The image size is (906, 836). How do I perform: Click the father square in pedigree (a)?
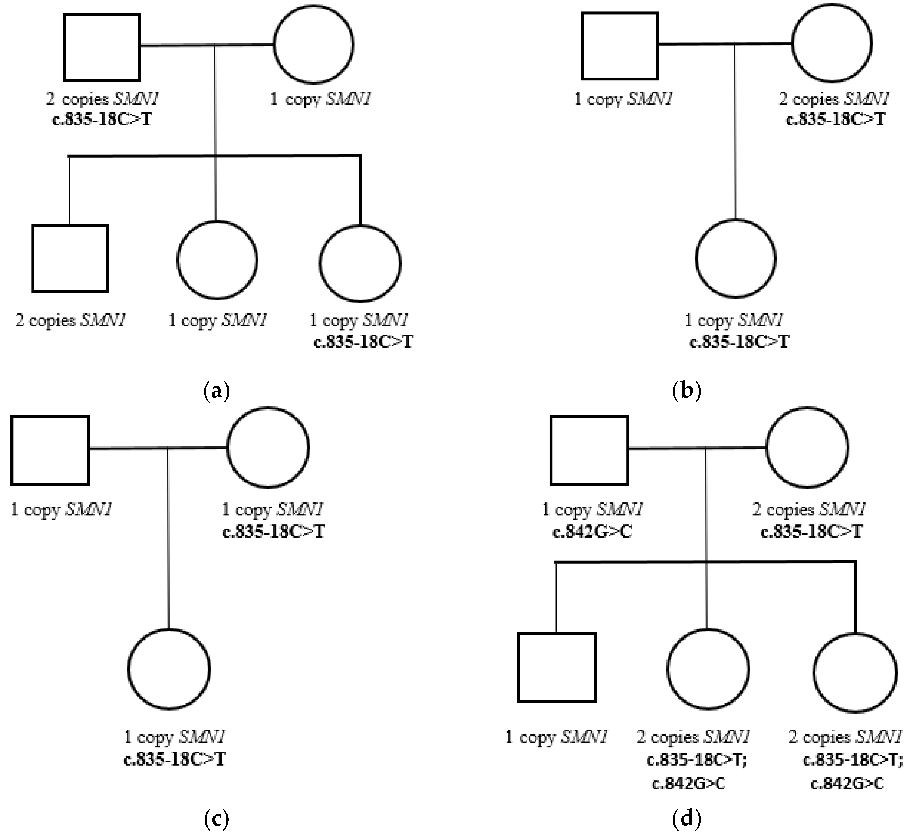(x=102, y=47)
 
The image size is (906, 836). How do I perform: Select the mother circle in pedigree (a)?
(x=314, y=44)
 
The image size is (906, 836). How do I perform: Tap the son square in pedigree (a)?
(x=70, y=258)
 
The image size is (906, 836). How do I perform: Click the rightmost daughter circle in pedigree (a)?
(x=360, y=263)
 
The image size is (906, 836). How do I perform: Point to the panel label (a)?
(x=217, y=390)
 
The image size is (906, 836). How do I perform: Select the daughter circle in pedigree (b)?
(x=736, y=259)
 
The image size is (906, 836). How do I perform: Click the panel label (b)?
(x=687, y=390)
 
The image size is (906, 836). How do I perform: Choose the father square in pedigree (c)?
(x=50, y=450)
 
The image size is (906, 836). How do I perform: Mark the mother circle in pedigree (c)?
(x=268, y=447)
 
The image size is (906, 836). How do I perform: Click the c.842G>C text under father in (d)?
(x=592, y=532)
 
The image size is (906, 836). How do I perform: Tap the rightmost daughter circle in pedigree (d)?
(x=855, y=673)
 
